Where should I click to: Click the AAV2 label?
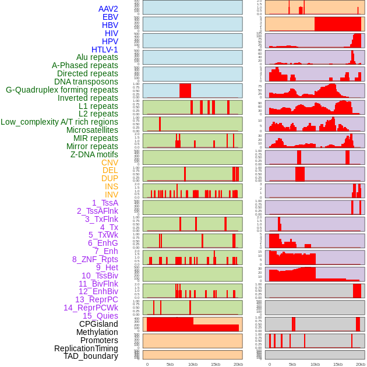point(108,9)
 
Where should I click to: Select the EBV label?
point(110,17)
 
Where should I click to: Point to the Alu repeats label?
point(97,57)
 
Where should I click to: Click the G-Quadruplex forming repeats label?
point(62,90)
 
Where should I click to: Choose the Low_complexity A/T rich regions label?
point(59,122)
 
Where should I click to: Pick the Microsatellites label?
point(92,130)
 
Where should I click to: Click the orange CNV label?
point(110,163)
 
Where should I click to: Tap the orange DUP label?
point(110,178)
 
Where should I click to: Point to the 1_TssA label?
point(105,203)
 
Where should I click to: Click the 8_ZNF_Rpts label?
point(95,259)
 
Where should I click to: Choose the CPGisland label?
point(98,324)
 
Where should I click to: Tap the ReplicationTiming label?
point(86,348)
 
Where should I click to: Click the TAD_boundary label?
point(91,356)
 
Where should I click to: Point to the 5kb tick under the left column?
point(170,364)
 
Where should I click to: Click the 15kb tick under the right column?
point(337,364)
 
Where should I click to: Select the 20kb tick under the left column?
point(238,364)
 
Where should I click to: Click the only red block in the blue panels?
point(185,91)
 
